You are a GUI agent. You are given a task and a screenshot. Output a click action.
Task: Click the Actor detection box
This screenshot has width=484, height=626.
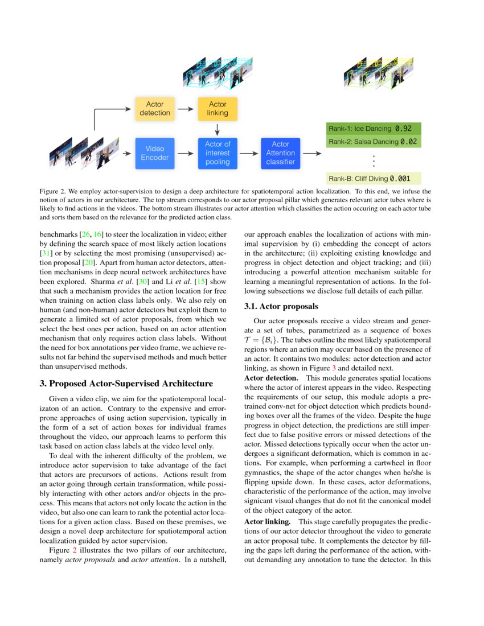click(154, 108)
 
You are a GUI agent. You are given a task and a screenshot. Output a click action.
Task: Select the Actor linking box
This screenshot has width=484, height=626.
click(218, 108)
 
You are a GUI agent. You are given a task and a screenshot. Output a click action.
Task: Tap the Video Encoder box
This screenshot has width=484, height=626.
click(154, 153)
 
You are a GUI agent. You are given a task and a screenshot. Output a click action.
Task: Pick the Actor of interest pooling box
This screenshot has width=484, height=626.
click(218, 153)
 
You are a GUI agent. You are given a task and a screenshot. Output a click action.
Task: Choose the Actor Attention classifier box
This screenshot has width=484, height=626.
click(280, 153)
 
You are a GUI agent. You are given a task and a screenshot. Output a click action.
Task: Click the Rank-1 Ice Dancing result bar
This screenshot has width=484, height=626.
click(373, 129)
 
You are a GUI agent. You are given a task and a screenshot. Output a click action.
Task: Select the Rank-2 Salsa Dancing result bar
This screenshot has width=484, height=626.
click(373, 141)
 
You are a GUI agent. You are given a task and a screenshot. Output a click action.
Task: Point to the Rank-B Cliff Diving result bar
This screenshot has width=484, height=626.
click(373, 178)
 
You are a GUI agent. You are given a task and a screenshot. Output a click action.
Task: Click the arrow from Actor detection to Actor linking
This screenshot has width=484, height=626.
click(186, 108)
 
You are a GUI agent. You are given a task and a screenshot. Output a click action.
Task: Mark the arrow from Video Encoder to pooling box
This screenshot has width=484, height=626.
click(186, 153)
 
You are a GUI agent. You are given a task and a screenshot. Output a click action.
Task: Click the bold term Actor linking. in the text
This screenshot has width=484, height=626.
click(268, 522)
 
